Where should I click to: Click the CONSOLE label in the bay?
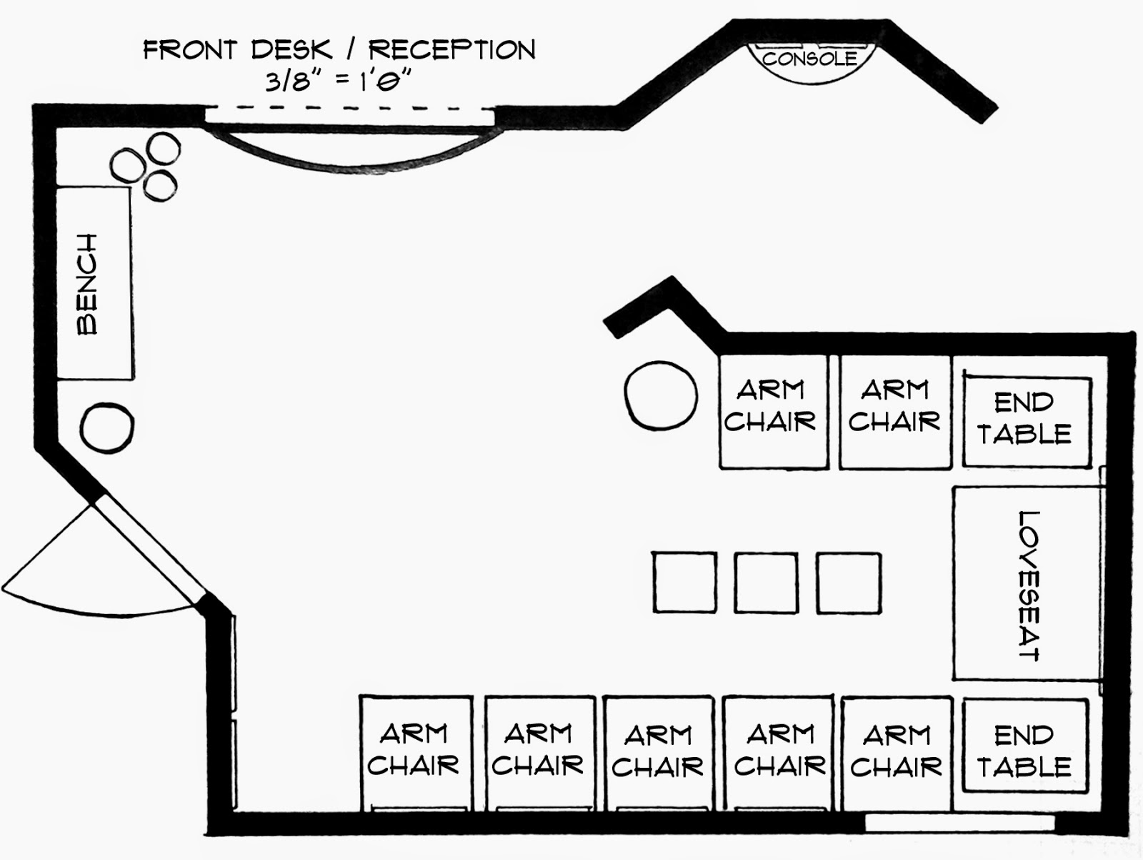(809, 59)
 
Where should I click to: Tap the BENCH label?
(87, 284)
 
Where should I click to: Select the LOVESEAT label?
(1029, 585)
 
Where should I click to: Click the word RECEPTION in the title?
(452, 50)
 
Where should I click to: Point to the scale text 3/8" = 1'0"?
(338, 81)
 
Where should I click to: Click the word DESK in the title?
(291, 50)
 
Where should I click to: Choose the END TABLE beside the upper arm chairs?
(1027, 422)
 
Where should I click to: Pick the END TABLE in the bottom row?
(1026, 746)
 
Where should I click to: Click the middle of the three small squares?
(766, 583)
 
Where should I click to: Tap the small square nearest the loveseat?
(849, 583)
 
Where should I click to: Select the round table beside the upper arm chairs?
(661, 395)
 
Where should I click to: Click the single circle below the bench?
(106, 427)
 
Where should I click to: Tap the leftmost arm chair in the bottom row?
(416, 753)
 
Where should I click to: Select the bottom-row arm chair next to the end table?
(897, 753)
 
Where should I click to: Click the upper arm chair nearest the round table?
(773, 412)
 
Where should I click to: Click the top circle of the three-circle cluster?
(164, 149)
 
